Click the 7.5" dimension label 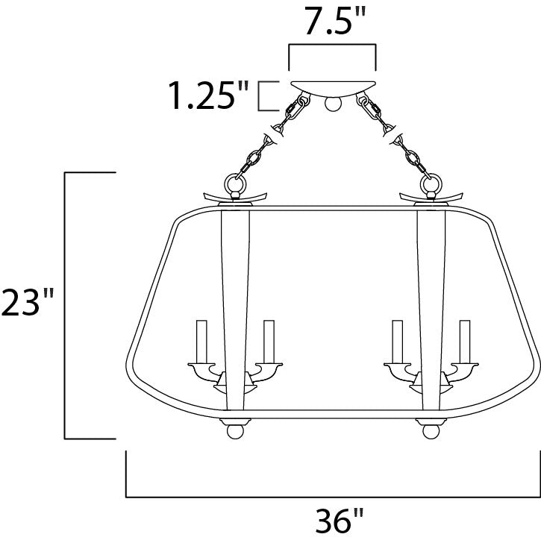335,22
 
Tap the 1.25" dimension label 208,95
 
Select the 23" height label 28,302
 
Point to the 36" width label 340,520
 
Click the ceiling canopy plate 333,88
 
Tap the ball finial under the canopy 333,104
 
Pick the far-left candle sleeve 201,342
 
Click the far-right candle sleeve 465,342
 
